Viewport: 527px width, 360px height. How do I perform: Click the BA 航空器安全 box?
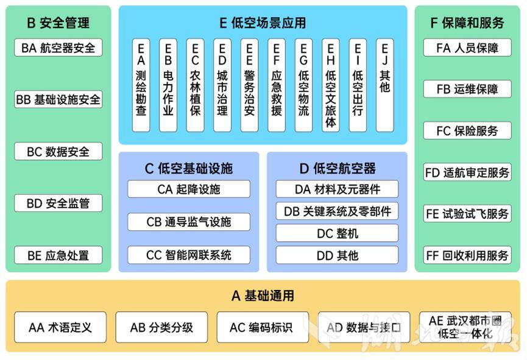click(x=58, y=48)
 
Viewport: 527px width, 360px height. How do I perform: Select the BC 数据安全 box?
click(x=58, y=151)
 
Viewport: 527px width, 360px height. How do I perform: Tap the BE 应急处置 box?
click(x=58, y=255)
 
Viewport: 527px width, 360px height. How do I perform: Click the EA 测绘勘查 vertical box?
click(x=141, y=85)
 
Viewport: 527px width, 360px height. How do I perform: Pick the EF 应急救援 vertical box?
click(x=277, y=85)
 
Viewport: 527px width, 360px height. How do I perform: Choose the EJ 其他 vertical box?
click(x=384, y=85)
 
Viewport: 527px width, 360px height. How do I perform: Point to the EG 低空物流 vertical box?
click(x=303, y=85)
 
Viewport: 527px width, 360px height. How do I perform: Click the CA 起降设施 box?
click(x=189, y=189)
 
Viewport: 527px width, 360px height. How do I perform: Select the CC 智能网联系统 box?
click(x=189, y=255)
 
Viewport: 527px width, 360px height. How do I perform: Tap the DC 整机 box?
click(x=337, y=233)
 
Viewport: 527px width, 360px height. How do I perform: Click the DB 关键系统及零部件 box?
click(x=337, y=211)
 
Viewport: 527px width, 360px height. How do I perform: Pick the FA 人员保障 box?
click(x=467, y=48)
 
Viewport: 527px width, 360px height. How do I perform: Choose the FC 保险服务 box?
click(x=467, y=130)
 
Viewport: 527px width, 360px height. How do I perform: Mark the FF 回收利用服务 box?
click(x=467, y=255)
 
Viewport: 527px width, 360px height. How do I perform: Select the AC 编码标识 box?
click(x=261, y=328)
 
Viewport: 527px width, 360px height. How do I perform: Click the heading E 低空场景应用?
click(x=263, y=23)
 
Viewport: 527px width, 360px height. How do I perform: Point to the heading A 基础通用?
click(x=263, y=296)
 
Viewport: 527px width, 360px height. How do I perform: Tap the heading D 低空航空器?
click(x=337, y=168)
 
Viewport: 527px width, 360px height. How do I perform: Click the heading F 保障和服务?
click(x=467, y=23)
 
